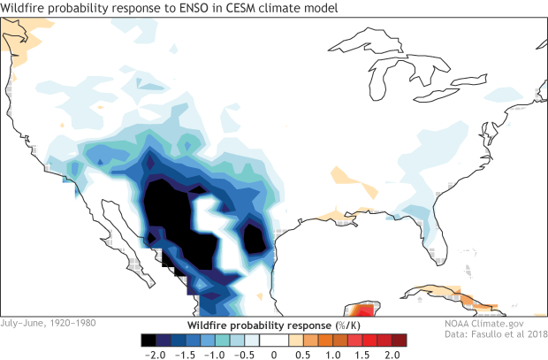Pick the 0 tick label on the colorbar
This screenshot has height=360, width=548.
point(274,353)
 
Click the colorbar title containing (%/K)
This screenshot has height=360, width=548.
point(273,325)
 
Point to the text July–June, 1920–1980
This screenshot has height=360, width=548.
point(49,323)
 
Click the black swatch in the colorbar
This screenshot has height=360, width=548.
point(150,339)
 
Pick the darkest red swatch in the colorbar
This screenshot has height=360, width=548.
point(399,339)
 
